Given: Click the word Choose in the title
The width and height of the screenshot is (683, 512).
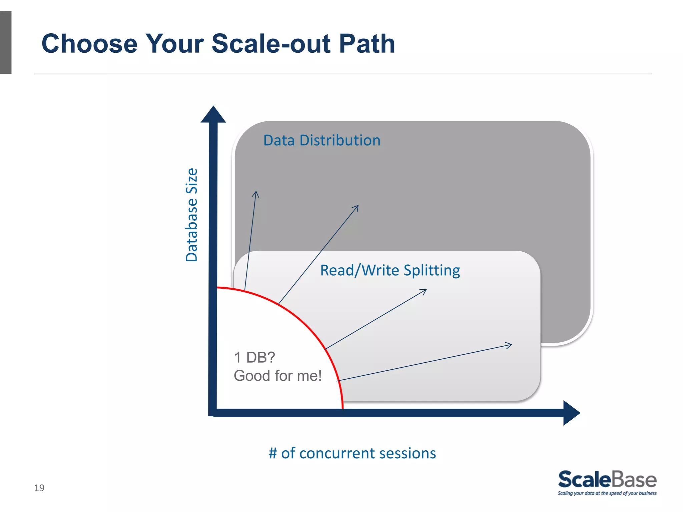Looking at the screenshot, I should [89, 44].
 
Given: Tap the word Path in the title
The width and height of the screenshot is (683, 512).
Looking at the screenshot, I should [367, 44].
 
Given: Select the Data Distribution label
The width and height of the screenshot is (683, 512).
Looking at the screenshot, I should [322, 140].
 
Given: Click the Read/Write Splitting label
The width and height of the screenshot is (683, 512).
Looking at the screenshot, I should [390, 270].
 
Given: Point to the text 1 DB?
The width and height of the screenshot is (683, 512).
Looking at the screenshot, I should [254, 357].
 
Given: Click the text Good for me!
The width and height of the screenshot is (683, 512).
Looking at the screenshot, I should [277, 376].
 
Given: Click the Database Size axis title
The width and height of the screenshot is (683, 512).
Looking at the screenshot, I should [192, 215].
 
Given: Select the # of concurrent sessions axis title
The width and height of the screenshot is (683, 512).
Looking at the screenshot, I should [352, 453].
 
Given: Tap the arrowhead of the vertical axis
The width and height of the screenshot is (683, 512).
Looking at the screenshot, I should [213, 115].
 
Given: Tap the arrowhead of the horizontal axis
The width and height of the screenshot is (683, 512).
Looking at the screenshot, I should [571, 413].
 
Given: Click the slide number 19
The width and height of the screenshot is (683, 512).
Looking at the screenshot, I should [39, 488].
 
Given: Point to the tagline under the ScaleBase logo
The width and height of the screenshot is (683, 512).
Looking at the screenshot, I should [607, 493].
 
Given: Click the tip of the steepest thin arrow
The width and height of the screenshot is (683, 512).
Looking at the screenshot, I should [256, 192].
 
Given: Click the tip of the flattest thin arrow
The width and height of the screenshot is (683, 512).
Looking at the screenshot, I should [511, 345].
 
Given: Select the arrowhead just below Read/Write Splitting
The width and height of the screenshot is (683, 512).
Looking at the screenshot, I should [426, 290].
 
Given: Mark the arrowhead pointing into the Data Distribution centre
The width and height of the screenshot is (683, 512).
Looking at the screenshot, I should [358, 206].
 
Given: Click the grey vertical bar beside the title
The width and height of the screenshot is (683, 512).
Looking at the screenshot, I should [6, 43].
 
